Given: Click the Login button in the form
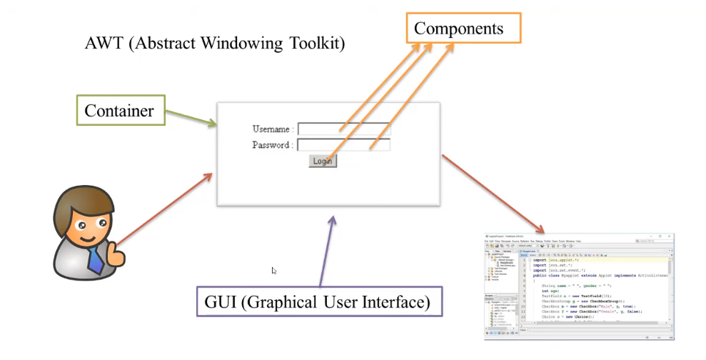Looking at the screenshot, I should tap(322, 161).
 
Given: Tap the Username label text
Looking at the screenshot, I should tap(271, 129).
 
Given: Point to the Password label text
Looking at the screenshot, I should tap(271, 145).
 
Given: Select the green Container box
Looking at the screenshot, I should tap(119, 111).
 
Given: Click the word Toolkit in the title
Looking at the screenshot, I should tap(316, 44).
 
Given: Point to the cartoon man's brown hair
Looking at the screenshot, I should tap(82, 199).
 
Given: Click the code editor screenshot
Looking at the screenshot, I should tap(579, 286).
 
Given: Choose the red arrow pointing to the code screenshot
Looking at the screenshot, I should tap(493, 193).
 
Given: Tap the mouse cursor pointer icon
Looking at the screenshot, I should tap(274, 271).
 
